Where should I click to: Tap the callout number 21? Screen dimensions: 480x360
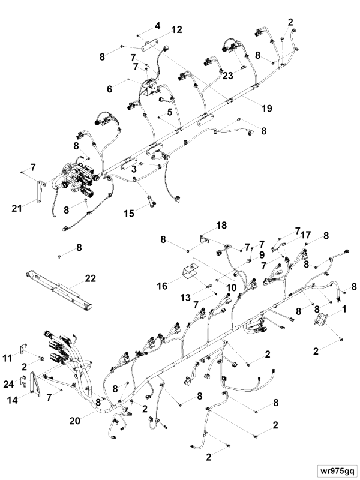click(17, 209)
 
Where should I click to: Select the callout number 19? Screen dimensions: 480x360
click(266, 109)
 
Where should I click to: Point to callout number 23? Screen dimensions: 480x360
click(227, 76)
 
